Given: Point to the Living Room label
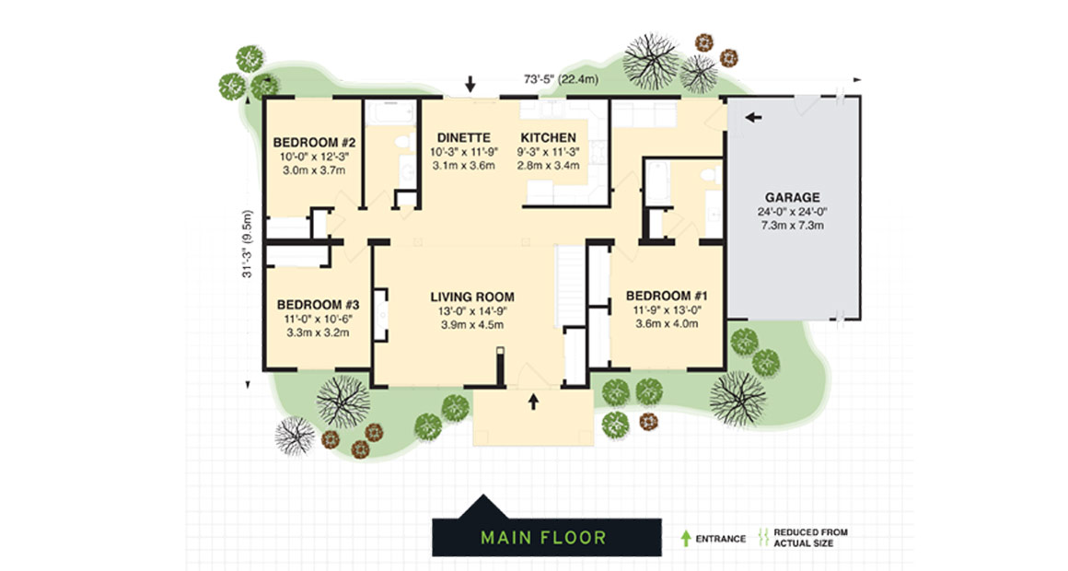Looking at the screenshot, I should coord(471,297).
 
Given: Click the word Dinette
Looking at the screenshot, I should coord(463,137).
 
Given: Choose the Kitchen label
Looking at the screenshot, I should coord(549,137).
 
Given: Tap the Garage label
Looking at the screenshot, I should coord(792,197).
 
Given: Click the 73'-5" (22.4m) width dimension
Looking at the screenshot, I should coord(560,80).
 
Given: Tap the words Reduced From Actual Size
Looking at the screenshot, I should coord(810,538).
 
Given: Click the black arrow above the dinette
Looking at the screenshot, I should coord(470,85).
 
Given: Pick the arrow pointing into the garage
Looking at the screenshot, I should coord(754,117).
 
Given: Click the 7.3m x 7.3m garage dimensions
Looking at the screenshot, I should coord(792,226).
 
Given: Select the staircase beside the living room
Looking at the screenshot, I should coord(571,285).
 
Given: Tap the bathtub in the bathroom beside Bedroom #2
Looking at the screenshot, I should coord(390,115).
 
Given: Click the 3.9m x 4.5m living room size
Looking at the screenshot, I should coord(471,324).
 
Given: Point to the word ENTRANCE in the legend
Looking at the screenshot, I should coord(721,539).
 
